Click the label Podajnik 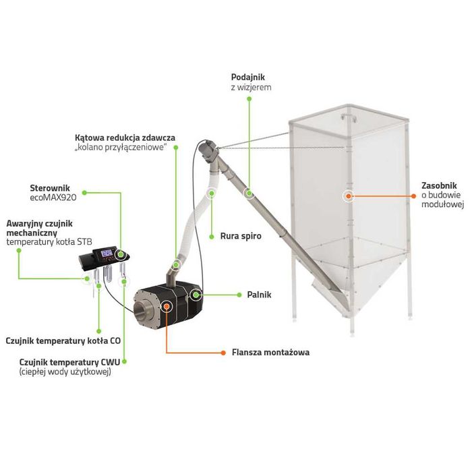tap(248, 78)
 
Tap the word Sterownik tap(50, 188)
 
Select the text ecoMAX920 tap(53, 198)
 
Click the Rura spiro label tap(241, 236)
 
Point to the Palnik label tap(259, 295)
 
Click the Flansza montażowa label tap(270, 352)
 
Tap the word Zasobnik tap(439, 185)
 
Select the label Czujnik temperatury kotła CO tap(63, 341)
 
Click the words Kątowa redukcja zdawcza tap(125, 138)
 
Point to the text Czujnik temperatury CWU tap(69, 362)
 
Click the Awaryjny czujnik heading tap(39, 224)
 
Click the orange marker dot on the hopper tap(349, 196)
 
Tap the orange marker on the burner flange tap(167, 306)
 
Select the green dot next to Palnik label tap(239, 295)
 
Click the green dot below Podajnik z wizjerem tap(249, 98)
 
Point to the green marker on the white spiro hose tap(212, 194)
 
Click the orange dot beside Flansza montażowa tap(223, 353)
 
